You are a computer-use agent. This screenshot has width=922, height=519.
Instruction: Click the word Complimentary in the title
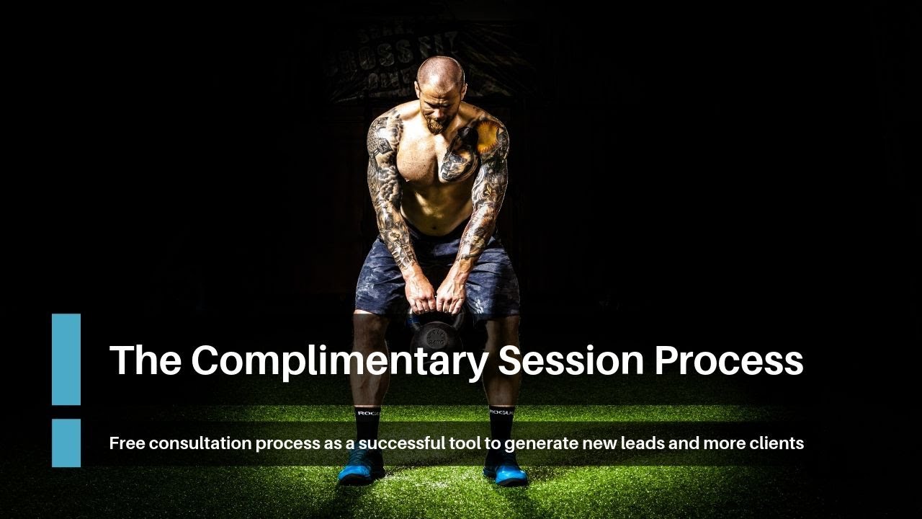click(x=339, y=360)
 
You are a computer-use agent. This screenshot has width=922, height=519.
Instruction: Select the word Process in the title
click(x=728, y=360)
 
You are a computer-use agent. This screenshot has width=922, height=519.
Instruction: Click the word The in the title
click(x=145, y=360)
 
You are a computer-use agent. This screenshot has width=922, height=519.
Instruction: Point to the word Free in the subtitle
click(x=127, y=443)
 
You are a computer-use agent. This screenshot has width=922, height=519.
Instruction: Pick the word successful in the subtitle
click(x=401, y=443)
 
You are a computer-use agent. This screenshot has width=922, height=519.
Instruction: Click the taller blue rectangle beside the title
click(x=66, y=359)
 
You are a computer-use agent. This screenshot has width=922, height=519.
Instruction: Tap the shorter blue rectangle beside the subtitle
click(x=66, y=443)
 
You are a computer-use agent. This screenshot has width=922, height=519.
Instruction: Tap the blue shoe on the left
click(x=362, y=471)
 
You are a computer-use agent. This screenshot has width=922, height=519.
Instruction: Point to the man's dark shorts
click(x=437, y=278)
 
